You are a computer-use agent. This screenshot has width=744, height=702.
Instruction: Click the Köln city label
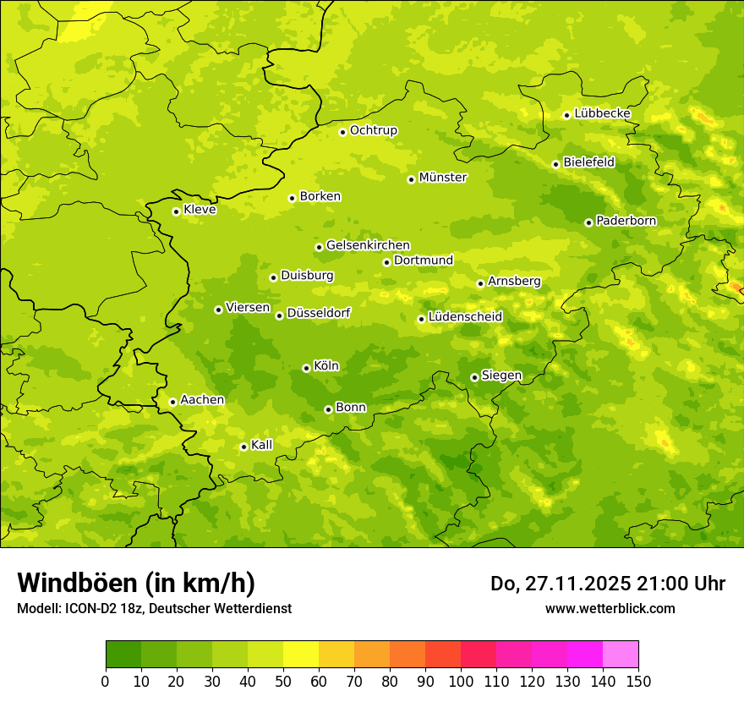[326, 366]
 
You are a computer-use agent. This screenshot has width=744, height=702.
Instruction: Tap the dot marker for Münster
[412, 179]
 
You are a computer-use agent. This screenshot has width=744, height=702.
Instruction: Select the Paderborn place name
[626, 221]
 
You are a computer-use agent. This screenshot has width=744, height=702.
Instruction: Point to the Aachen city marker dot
[172, 402]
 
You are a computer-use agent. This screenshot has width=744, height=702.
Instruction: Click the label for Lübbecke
[602, 113]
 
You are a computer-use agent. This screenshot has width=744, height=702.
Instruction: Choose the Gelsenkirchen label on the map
[368, 245]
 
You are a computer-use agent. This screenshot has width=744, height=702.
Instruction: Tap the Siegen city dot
[474, 377]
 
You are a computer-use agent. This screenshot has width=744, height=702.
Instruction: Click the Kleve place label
[200, 210]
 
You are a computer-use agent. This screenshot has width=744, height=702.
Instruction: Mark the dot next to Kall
[243, 447]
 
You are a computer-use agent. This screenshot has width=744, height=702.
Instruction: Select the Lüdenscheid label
[465, 317]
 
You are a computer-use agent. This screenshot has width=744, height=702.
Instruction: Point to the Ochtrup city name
[373, 130]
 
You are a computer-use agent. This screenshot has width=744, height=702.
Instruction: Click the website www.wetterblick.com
[610, 608]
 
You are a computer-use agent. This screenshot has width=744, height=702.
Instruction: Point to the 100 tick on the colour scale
[461, 681]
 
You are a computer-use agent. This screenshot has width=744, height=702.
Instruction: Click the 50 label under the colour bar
[283, 681]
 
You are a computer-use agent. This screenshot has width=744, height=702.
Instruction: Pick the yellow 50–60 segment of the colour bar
[301, 655]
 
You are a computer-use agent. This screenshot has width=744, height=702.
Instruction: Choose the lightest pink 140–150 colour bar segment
[621, 655]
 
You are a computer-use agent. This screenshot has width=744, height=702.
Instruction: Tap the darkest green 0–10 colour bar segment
[123, 655]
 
